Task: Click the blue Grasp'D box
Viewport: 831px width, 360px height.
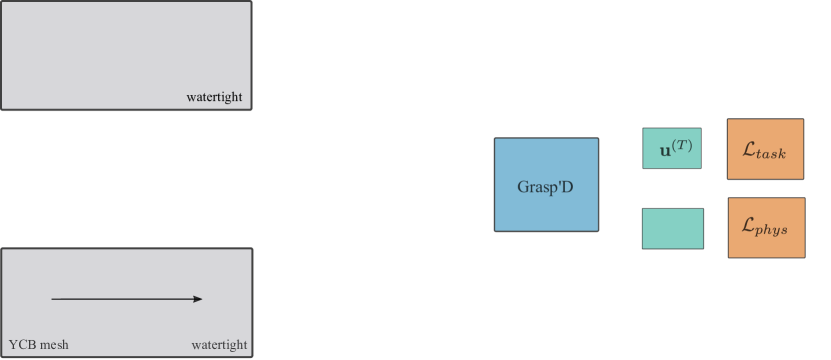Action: (546, 185)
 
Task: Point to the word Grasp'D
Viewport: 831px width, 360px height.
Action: (546, 187)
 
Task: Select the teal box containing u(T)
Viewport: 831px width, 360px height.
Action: (672, 148)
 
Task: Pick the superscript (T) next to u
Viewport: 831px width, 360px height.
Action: (682, 146)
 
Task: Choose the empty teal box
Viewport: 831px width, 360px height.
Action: (672, 228)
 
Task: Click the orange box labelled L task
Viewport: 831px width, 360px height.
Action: (765, 149)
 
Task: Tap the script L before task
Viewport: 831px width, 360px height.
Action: (750, 149)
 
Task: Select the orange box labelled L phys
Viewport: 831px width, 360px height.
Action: (766, 228)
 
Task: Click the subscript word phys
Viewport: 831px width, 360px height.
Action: (775, 231)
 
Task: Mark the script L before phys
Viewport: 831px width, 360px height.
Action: (750, 226)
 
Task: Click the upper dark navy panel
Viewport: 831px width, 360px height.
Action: (125, 54)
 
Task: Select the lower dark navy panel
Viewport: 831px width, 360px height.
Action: (126, 303)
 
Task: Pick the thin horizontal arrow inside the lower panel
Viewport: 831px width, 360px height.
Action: (125, 298)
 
